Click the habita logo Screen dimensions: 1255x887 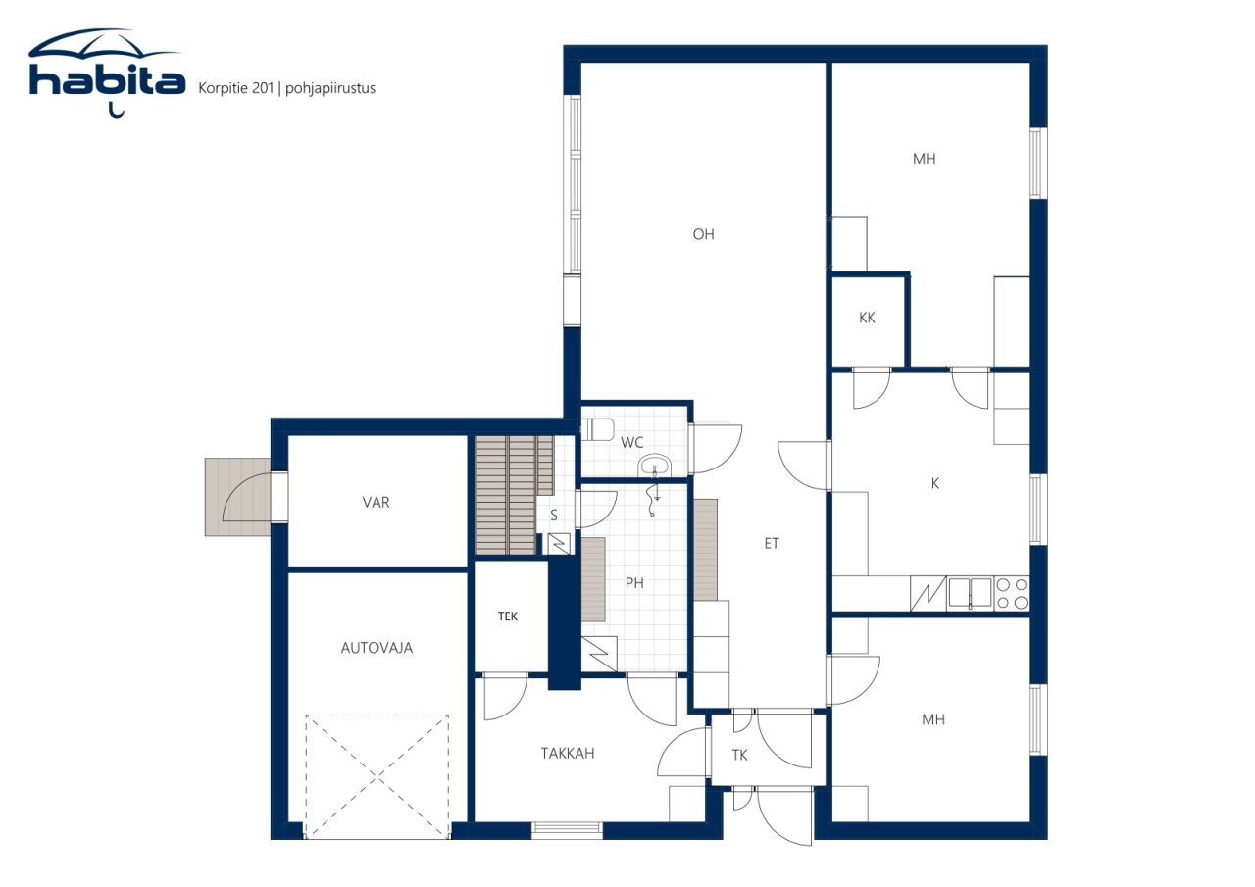107,73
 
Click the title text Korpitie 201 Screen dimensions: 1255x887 236,88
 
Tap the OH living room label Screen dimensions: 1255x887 703,234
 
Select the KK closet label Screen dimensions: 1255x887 867,318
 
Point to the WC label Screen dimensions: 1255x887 632,442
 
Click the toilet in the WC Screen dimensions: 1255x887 597,429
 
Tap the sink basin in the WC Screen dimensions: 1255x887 654,466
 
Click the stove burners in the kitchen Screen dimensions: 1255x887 1012,594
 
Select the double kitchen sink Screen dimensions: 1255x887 971,593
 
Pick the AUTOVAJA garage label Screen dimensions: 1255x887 376,648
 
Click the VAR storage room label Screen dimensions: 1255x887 376,502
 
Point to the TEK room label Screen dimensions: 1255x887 508,616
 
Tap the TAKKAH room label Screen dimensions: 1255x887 568,753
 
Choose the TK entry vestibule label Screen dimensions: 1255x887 739,755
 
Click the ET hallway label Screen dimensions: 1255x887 772,543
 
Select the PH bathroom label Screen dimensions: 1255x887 634,583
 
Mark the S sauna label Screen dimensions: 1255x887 554,516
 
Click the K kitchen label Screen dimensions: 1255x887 934,483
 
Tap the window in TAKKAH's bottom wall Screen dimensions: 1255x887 567,830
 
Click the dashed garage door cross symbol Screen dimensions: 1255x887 377,776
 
